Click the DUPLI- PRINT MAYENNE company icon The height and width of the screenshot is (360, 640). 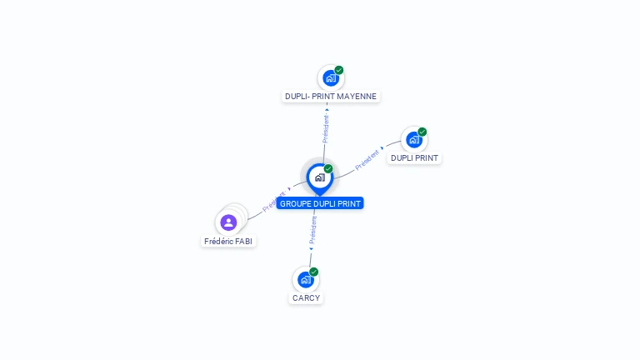point(331,78)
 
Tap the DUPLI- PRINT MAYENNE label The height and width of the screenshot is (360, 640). point(331,97)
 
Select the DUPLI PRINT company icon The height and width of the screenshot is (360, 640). point(413,140)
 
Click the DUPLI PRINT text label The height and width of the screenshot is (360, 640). point(414,158)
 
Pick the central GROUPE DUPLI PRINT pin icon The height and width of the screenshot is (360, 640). point(319,177)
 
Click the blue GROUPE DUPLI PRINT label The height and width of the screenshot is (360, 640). point(320,203)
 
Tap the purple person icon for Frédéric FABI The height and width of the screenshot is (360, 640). point(229,222)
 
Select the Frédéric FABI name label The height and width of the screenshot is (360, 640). point(228,242)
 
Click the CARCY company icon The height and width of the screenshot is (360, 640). point(305,280)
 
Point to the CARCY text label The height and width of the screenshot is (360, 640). point(306,298)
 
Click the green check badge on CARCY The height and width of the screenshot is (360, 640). point(314,272)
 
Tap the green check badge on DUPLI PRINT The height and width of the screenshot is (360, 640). point(422,132)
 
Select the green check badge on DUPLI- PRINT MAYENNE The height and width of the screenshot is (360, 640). point(339,70)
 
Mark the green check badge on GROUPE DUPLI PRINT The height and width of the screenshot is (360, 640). point(328,169)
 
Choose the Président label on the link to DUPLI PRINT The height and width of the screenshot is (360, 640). point(367,159)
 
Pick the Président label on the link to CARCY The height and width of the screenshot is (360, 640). point(312,230)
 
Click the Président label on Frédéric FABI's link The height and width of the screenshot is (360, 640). point(274,202)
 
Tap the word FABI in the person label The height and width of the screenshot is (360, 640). point(242,242)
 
